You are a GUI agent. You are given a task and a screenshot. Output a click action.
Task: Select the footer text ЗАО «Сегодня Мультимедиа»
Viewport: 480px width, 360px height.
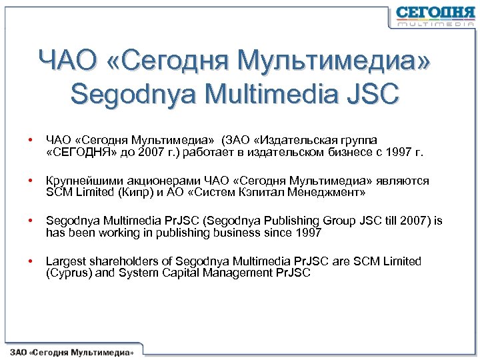72,351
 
